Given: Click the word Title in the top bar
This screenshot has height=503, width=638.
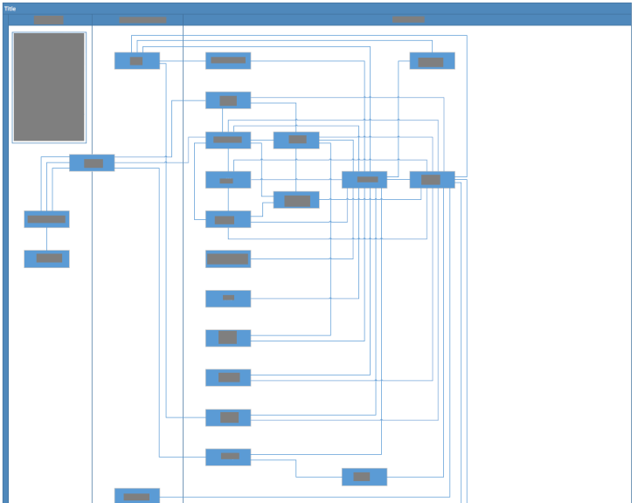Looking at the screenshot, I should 10,9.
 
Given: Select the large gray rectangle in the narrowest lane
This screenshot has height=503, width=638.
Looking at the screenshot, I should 49,87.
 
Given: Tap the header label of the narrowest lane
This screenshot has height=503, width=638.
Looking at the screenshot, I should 49,19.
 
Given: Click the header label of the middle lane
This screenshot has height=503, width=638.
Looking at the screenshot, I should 142,19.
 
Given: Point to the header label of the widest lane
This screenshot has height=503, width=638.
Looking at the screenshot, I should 407,19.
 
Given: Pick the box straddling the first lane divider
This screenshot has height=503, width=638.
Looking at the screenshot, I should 92,162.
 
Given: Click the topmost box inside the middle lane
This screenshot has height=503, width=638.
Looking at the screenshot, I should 137,60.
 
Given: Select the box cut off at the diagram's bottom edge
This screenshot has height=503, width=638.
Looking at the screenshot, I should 137,495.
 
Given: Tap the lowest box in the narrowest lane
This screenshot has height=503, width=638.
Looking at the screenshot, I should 46,258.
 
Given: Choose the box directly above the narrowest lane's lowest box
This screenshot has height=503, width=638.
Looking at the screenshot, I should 46,219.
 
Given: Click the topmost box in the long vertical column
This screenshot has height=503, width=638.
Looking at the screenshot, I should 228,60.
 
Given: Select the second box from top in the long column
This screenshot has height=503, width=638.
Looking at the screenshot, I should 228,100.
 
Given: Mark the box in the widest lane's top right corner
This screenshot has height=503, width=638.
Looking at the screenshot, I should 432,60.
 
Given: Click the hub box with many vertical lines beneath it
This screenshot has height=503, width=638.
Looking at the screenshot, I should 364,179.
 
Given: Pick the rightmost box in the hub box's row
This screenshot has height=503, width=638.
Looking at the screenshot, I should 432,179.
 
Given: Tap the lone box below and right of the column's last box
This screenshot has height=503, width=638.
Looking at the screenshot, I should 364,477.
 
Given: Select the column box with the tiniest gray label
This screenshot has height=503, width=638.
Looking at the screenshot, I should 228,298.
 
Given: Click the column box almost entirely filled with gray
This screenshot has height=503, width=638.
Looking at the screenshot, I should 228,258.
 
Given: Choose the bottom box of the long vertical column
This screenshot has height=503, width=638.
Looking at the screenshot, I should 228,457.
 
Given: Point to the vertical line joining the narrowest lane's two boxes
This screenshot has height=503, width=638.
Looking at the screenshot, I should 46,238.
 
